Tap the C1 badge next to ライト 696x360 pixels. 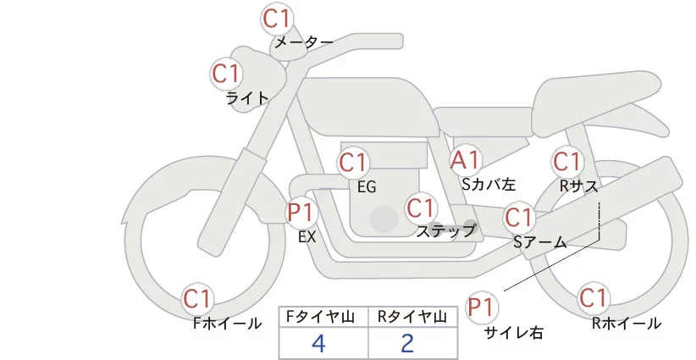click(226, 74)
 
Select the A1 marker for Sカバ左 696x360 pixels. click(466, 159)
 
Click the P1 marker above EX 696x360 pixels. click(301, 212)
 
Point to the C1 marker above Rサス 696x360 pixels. click(566, 161)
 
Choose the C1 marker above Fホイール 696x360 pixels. click(198, 298)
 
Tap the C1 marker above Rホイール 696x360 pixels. click(593, 298)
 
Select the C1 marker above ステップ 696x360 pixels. click(421, 208)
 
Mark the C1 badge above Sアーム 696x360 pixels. click(519, 218)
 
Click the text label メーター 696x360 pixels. click(303, 42)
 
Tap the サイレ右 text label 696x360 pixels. click(513, 333)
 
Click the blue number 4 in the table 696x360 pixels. click(318, 343)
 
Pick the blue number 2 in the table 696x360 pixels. click(407, 343)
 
